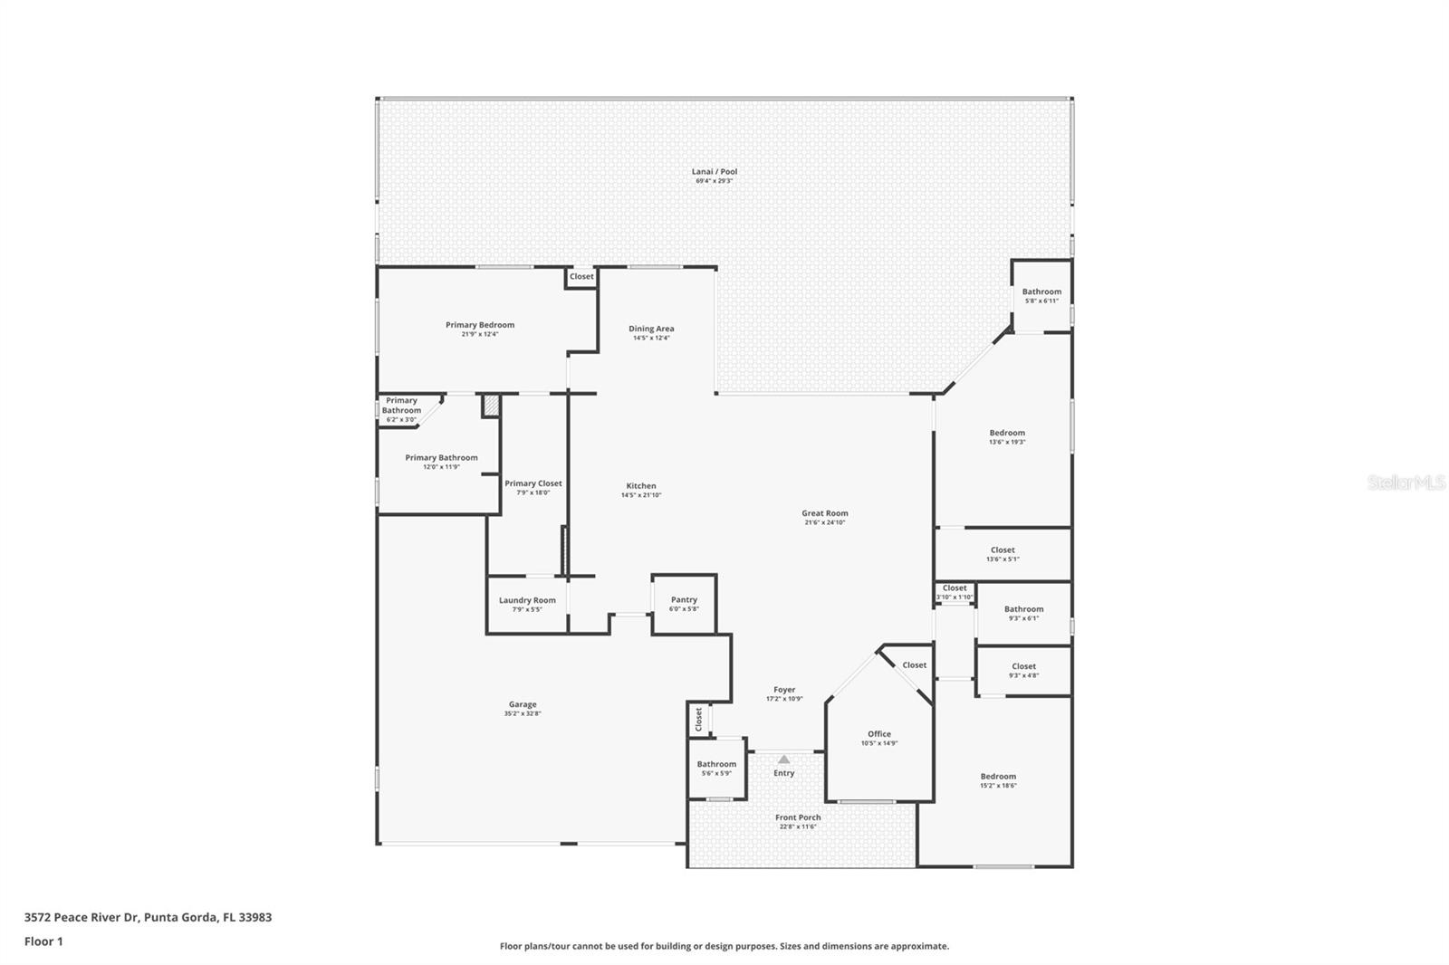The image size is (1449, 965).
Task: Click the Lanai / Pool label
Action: coord(715,172)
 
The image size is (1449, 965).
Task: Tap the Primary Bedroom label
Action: coord(479,325)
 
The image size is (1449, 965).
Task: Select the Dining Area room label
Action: coord(651,329)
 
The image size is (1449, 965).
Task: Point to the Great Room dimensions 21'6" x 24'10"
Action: coord(824,522)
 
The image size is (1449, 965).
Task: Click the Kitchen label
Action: coord(640,486)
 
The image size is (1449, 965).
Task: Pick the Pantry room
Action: coord(684,604)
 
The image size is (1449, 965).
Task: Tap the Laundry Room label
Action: coord(527,600)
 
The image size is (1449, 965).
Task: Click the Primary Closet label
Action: coord(533,483)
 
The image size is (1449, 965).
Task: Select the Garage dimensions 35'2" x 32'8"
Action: coord(522,713)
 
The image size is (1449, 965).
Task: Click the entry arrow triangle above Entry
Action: coord(783,760)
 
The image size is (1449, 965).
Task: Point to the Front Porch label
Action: coord(797,817)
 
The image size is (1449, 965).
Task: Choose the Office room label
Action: coord(878,734)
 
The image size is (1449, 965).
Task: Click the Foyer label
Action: coord(783,690)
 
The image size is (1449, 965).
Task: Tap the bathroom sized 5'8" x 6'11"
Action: coord(1041,295)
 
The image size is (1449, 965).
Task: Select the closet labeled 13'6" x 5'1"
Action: coord(1002,554)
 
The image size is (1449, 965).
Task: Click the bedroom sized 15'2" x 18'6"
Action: coord(997,780)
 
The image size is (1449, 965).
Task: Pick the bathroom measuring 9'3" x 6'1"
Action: coord(1023,613)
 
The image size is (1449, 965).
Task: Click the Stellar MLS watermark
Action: coord(1406,483)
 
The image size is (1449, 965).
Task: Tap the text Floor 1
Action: coord(43,941)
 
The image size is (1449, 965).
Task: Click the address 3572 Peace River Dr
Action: coord(82,917)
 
